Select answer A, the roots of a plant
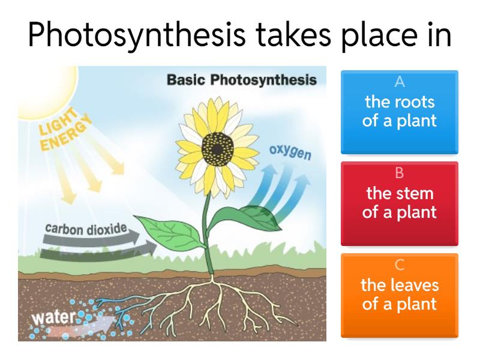coord(399,112)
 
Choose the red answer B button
coord(399,204)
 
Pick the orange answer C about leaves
coord(399,295)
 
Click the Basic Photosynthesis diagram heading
coord(241,80)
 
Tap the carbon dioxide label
coord(86,229)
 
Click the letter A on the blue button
coord(400,82)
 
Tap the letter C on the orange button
coord(400,265)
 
